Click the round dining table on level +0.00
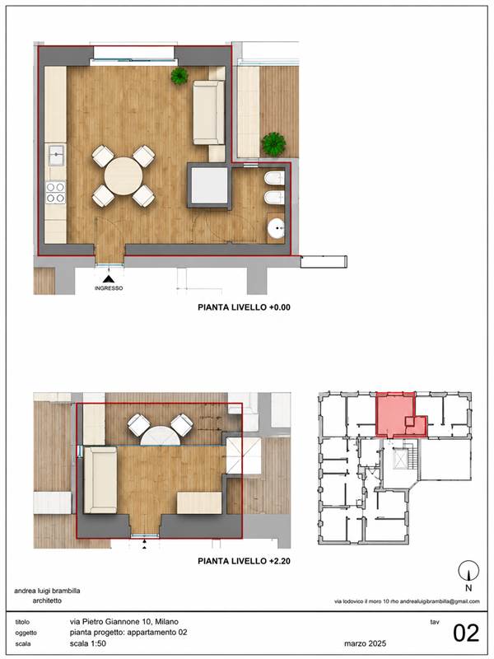[x=123, y=175]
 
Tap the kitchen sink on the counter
[x=56, y=156]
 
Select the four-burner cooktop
[x=55, y=193]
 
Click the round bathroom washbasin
[x=276, y=229]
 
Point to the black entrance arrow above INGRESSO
[x=110, y=279]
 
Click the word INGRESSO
[x=109, y=288]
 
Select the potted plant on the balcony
[x=273, y=144]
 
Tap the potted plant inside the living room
[x=179, y=76]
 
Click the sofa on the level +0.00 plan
[x=209, y=113]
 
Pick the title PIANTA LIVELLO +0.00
[x=244, y=307]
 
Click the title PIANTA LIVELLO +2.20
[x=244, y=561]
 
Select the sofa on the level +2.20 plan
[x=100, y=480]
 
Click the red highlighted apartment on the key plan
[x=395, y=414]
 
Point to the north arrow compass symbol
[x=468, y=572]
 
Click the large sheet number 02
[x=466, y=633]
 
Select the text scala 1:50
[x=88, y=643]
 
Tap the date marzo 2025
[x=365, y=643]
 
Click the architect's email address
[x=440, y=601]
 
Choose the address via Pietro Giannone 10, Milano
[x=124, y=622]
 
